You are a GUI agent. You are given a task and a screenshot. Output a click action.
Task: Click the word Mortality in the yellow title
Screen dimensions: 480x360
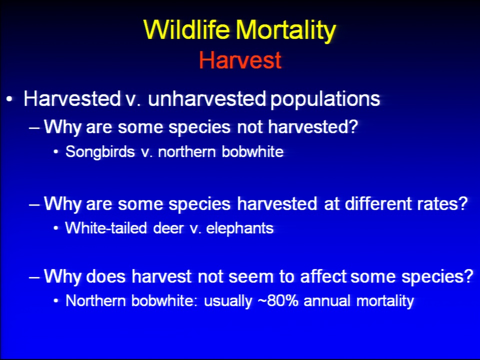point(286,31)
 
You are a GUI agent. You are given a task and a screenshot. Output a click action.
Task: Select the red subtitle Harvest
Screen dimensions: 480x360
point(240,60)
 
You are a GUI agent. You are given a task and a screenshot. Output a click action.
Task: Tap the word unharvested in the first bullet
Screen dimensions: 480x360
point(207,98)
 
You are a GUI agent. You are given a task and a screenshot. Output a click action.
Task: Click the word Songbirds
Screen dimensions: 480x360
point(100,151)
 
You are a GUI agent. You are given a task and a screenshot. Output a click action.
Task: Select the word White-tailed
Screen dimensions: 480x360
point(106,228)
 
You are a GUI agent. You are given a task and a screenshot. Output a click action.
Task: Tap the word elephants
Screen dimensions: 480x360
point(239,228)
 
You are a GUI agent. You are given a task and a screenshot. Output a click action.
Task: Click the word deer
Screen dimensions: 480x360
point(168,228)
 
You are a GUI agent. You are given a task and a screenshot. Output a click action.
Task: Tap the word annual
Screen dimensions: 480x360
point(326,300)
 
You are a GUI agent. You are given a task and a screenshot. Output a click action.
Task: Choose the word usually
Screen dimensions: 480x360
point(228,301)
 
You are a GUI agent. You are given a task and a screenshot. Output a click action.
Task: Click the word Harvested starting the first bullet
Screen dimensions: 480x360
point(72,98)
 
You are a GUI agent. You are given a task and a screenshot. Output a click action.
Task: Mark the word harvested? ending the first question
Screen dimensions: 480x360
point(313,126)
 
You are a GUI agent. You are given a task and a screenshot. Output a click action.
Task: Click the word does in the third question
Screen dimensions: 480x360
point(106,276)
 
